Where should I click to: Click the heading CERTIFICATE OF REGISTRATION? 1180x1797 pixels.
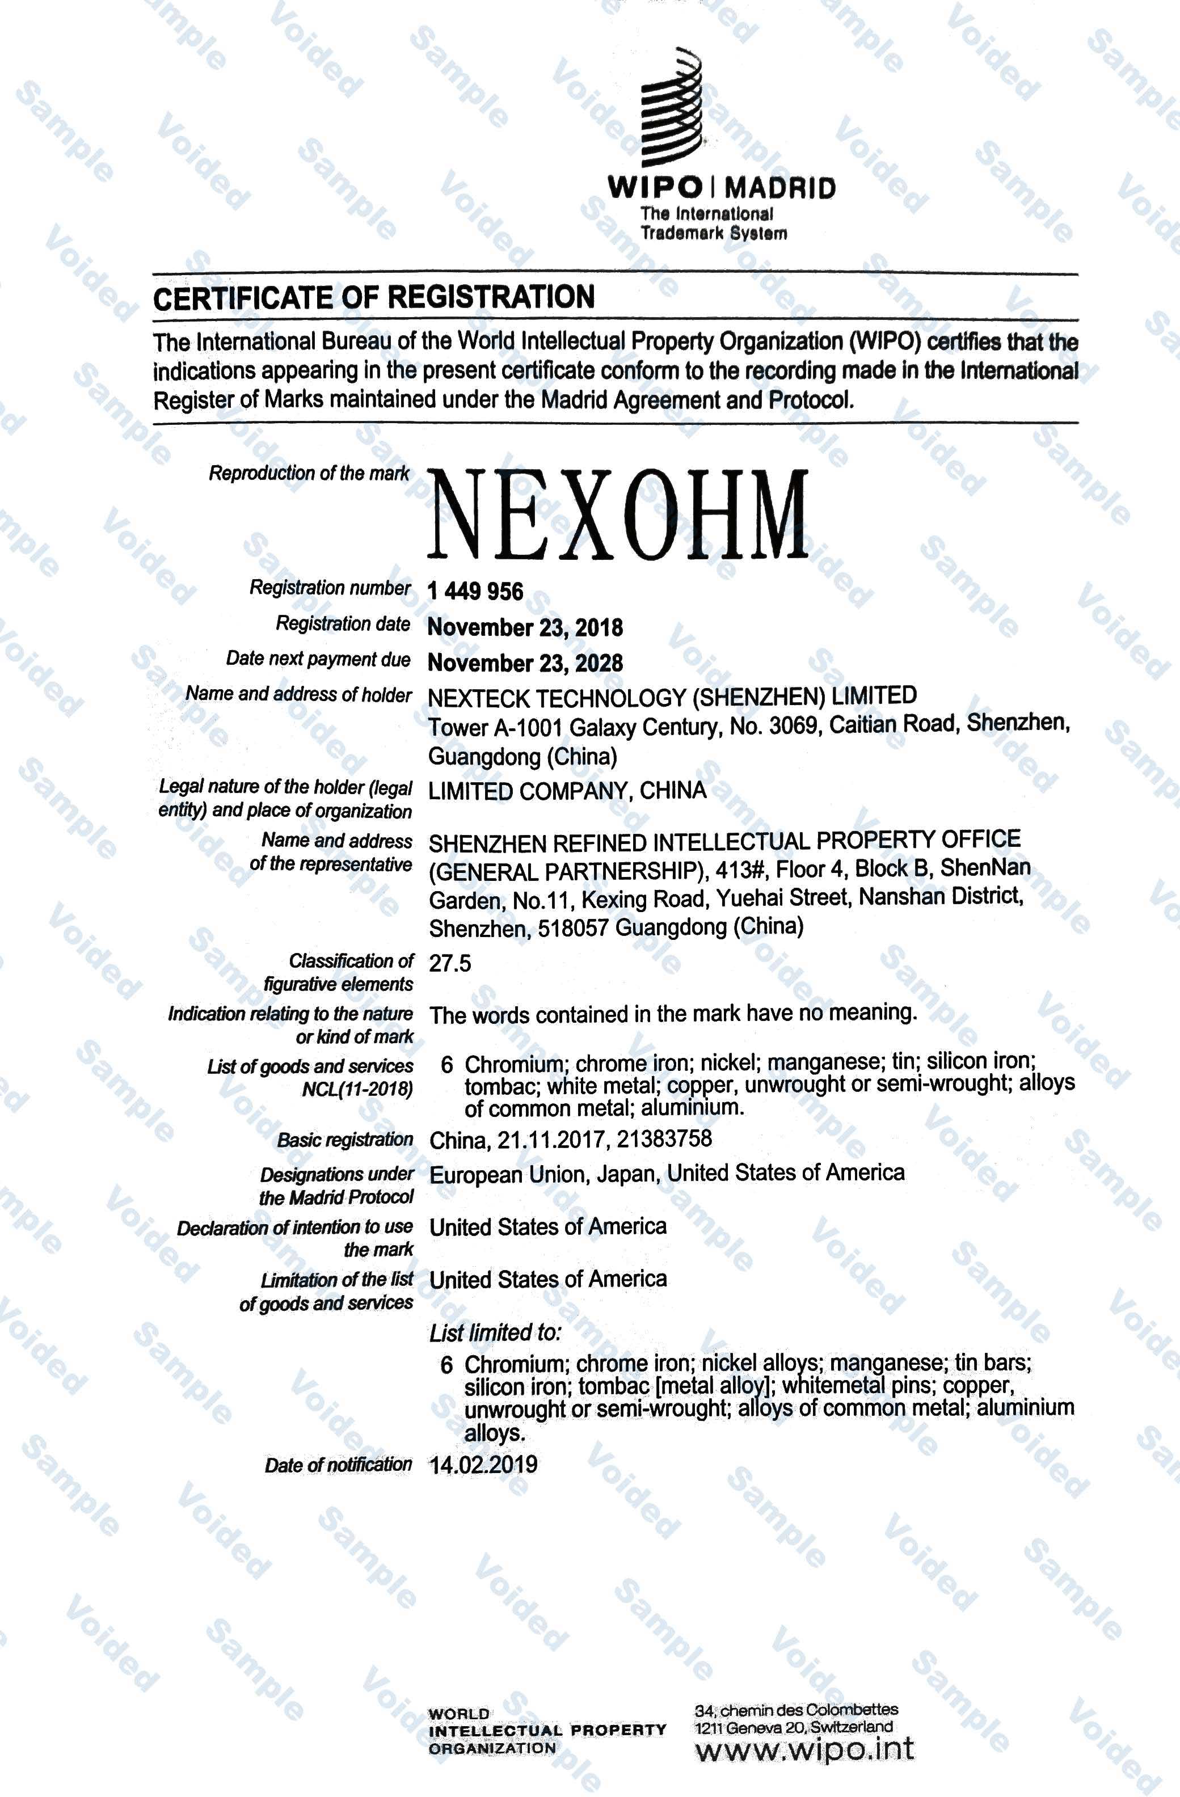(x=374, y=297)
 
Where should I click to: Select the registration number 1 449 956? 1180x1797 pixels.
(x=475, y=591)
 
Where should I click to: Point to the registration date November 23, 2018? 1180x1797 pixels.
(x=525, y=627)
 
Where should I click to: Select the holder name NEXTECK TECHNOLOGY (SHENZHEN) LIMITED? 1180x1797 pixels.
(x=672, y=696)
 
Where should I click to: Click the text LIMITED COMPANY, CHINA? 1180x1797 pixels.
(x=567, y=791)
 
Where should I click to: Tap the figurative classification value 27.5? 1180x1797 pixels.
(x=450, y=963)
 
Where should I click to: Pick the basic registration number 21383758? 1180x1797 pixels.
(x=664, y=1138)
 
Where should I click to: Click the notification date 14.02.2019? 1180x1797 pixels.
(x=483, y=1465)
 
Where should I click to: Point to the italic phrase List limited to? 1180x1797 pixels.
(x=495, y=1332)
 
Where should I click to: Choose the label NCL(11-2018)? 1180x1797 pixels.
(x=358, y=1090)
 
